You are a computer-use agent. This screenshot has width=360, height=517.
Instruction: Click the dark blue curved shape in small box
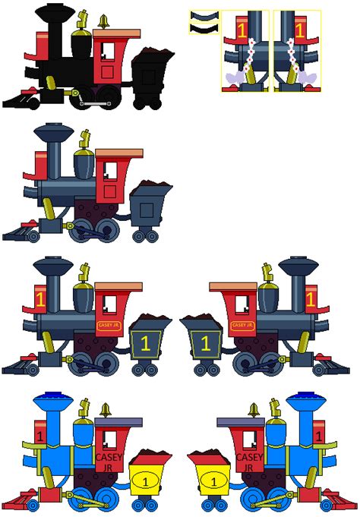[x=204, y=15]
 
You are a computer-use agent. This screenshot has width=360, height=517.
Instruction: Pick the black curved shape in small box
[x=204, y=28]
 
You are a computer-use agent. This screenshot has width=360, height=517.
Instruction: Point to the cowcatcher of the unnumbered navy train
[x=21, y=230]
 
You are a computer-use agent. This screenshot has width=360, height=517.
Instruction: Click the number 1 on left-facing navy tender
[x=144, y=342]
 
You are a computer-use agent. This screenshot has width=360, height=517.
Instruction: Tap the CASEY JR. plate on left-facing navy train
[x=106, y=325]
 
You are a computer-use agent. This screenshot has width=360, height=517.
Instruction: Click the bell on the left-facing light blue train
[x=106, y=410]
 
